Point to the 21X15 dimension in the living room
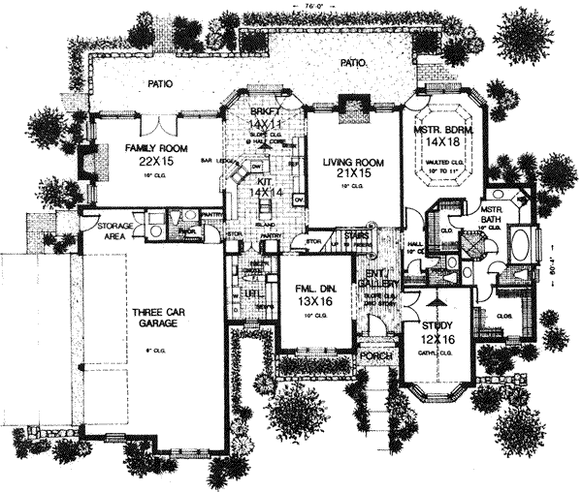click(x=350, y=175)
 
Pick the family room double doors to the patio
click(x=166, y=123)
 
